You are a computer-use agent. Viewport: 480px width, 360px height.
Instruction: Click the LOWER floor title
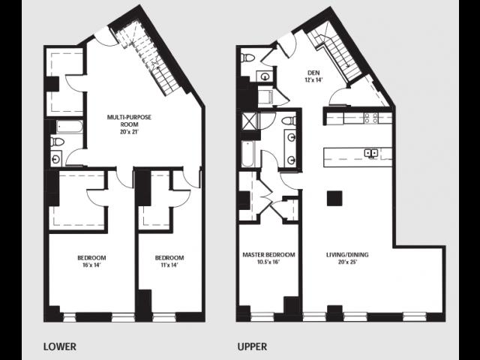[60, 346]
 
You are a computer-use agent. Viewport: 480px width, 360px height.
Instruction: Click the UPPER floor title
[252, 346]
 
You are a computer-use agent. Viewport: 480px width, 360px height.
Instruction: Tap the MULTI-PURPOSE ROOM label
[129, 121]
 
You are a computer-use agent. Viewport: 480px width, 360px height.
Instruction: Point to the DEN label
[313, 73]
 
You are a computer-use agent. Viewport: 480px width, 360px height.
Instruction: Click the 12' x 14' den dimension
[313, 80]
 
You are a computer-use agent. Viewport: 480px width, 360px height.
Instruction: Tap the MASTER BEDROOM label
[268, 255]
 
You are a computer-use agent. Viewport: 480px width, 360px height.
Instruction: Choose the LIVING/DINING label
[347, 255]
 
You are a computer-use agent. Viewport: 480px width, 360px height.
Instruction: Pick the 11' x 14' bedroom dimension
[169, 265]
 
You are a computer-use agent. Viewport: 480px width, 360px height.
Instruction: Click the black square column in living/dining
[334, 198]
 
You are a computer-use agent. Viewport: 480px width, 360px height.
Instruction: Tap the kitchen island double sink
[370, 153]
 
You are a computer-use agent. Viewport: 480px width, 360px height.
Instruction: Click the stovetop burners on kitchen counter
[370, 118]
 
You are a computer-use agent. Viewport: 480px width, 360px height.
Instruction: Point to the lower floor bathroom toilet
[57, 142]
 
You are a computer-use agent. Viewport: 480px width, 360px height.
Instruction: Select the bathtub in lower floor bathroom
[70, 127]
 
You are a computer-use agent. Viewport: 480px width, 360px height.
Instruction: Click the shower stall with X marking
[250, 121]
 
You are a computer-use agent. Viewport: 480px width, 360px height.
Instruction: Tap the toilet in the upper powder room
[247, 57]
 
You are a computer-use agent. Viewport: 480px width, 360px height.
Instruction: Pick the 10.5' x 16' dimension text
[268, 262]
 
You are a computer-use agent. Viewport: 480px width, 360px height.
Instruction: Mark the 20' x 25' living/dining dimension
[347, 262]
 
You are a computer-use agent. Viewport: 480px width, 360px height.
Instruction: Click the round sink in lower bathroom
[56, 159]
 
